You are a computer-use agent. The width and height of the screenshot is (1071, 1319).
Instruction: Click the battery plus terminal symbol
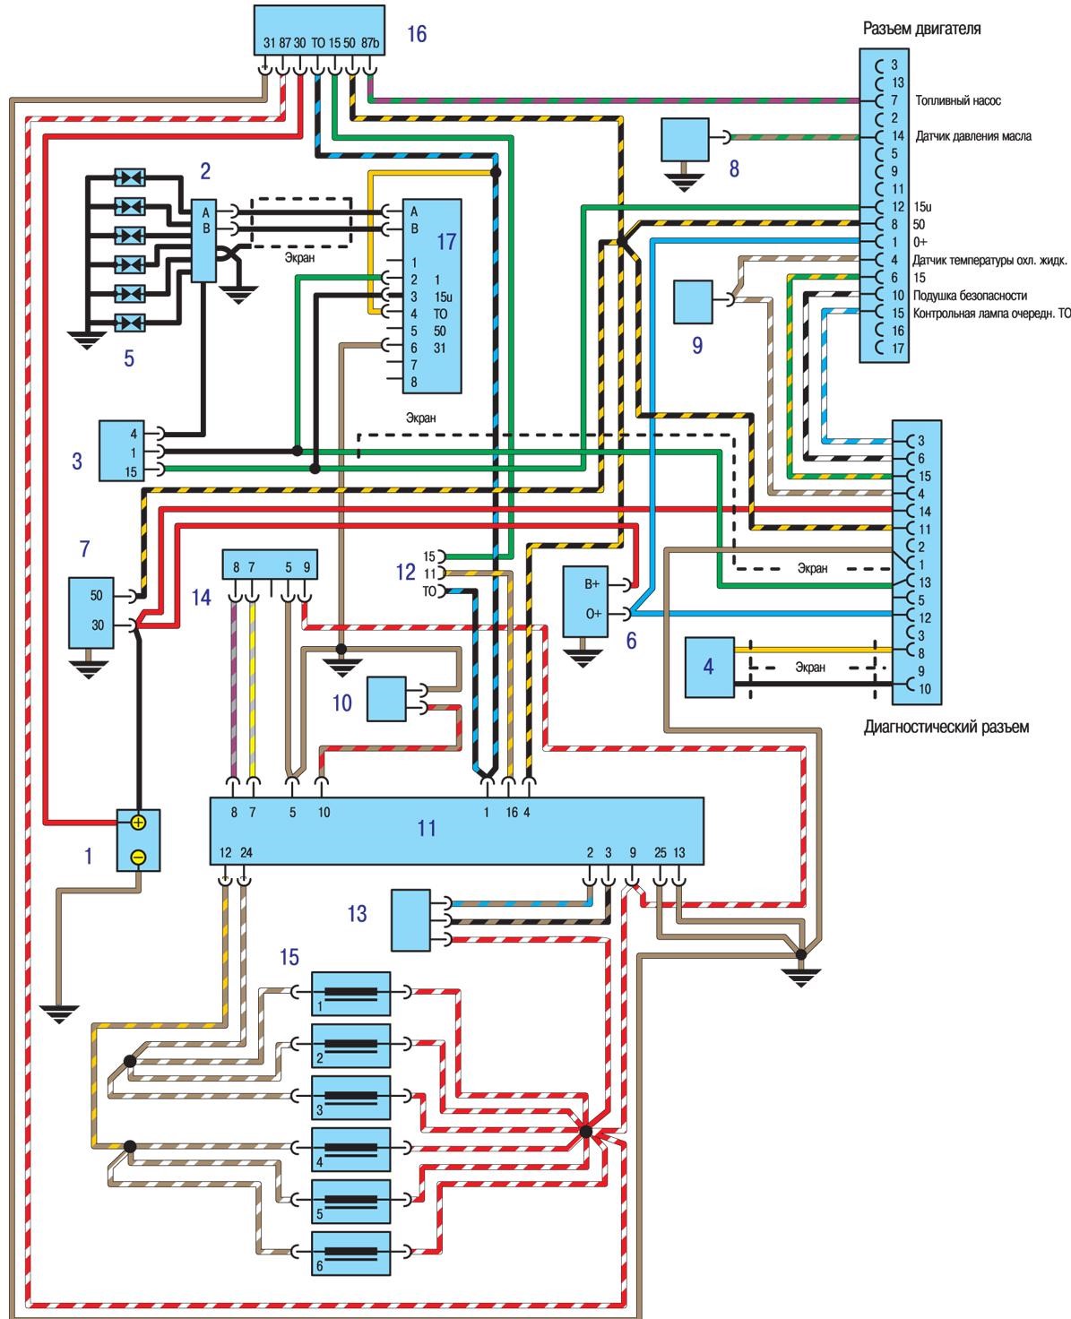tap(138, 822)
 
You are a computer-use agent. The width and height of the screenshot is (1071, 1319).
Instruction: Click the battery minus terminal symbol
tap(138, 857)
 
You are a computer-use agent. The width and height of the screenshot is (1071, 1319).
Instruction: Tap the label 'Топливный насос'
tap(958, 101)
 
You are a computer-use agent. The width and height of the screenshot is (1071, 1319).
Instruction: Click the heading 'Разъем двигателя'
tap(921, 29)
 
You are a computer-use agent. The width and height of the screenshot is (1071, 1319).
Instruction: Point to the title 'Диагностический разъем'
tap(946, 727)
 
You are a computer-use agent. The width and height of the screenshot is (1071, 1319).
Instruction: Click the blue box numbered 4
tap(709, 666)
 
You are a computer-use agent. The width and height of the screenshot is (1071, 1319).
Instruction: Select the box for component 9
tap(693, 301)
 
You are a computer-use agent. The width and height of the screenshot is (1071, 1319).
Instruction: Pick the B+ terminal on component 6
tap(593, 584)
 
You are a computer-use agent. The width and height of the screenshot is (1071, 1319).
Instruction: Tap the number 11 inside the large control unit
tap(427, 827)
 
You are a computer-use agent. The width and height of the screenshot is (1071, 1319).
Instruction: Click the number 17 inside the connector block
tap(446, 241)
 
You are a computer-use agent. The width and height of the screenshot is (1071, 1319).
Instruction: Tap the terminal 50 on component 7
tap(97, 595)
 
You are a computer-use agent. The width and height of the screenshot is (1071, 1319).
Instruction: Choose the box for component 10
tap(385, 699)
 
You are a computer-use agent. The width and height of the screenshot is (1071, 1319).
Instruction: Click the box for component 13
tap(410, 919)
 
